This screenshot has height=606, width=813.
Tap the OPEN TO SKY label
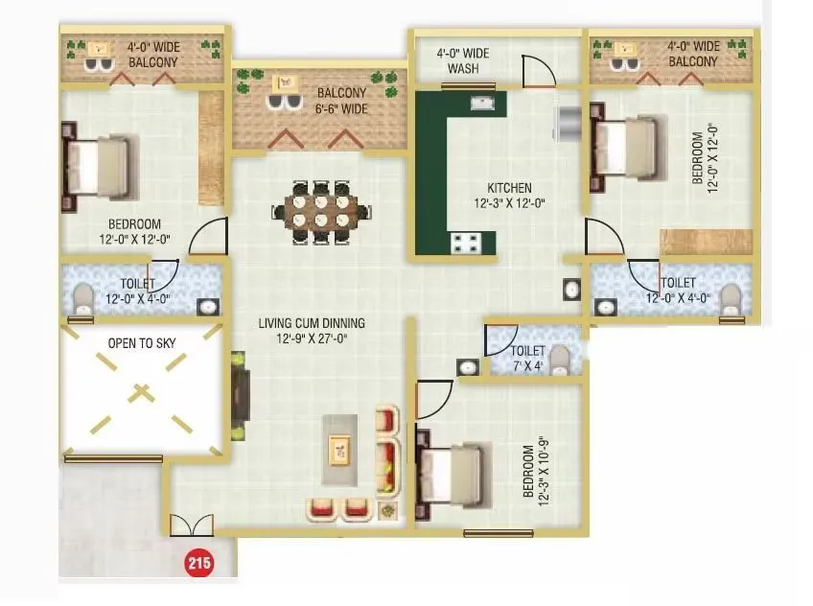tap(141, 341)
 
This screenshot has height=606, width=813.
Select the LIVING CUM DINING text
tap(312, 330)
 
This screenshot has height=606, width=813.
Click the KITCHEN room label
tap(509, 195)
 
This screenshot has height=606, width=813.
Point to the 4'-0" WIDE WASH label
tap(465, 61)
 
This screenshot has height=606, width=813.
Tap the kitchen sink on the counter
tap(481, 101)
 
